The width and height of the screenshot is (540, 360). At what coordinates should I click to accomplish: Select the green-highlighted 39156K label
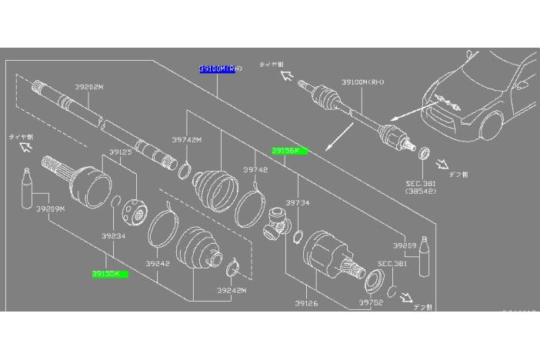pos(289,151)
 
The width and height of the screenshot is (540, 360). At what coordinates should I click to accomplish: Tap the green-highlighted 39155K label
pos(110,273)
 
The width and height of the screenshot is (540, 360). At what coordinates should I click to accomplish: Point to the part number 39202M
pos(89,87)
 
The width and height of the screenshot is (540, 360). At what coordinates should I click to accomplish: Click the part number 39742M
pos(187,140)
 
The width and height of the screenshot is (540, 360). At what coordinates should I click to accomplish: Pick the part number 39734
pos(297,202)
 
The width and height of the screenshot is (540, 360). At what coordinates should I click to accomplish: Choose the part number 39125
pos(121,152)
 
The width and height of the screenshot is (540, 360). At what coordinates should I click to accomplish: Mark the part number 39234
pos(112,237)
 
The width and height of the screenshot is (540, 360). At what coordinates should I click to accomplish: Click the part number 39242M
pos(231,290)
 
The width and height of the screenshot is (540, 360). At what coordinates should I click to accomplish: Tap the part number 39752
pos(370,303)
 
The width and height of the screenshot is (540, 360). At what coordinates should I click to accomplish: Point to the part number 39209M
pos(51,208)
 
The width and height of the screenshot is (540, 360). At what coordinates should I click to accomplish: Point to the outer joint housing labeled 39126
pos(323,256)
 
